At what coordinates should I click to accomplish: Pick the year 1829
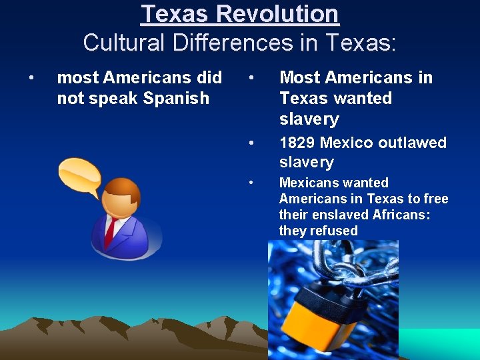pos(297,142)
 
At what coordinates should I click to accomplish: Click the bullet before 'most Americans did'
pos(31,78)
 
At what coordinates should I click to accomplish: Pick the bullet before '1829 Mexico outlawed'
pos(251,143)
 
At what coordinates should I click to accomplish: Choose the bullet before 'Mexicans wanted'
pos(251,183)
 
